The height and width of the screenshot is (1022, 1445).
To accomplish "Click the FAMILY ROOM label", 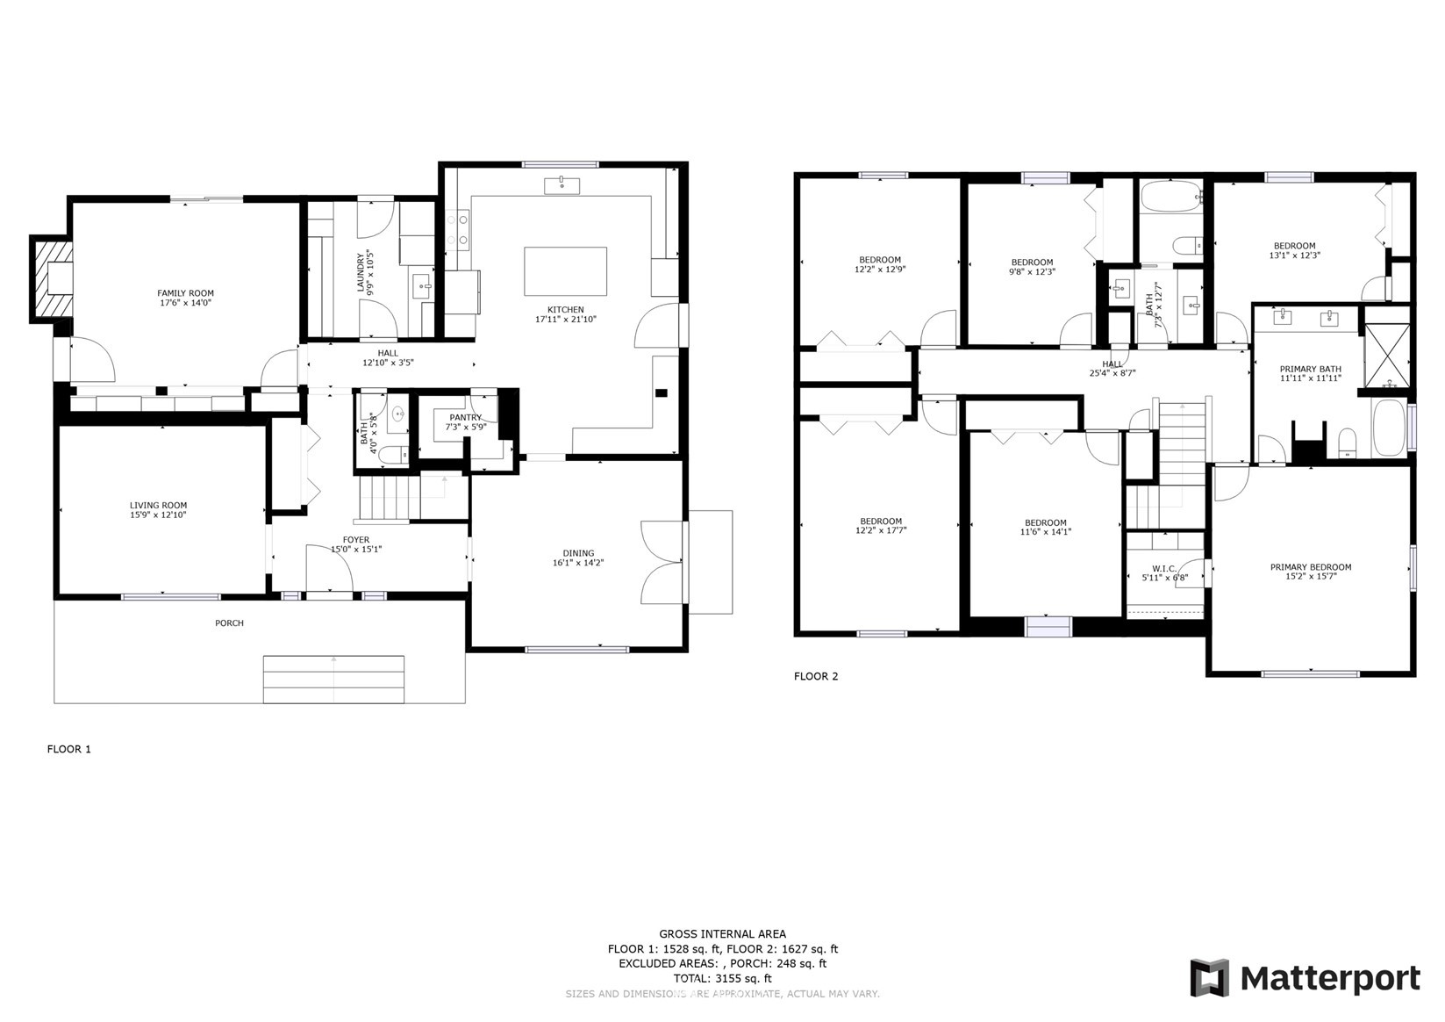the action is (185, 293).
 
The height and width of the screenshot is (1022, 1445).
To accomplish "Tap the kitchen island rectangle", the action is (565, 271).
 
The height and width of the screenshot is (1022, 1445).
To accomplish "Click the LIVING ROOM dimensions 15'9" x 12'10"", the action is (158, 515).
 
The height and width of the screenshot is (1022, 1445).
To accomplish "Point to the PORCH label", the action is (229, 623).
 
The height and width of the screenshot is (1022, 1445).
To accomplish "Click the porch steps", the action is (333, 680).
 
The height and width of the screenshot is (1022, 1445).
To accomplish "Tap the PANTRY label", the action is (465, 418).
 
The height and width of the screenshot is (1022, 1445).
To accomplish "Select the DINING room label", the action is (578, 553).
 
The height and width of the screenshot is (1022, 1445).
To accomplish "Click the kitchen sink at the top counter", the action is (562, 185).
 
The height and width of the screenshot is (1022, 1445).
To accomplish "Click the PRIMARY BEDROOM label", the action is (1311, 567).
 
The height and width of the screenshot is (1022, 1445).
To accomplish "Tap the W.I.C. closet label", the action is (1164, 569).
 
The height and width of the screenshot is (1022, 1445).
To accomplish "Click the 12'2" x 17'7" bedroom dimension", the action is (881, 530).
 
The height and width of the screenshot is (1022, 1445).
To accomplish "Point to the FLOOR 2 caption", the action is (816, 677).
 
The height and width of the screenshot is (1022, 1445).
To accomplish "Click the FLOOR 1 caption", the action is (69, 749).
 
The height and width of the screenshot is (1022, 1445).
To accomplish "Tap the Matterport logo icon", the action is (1210, 977).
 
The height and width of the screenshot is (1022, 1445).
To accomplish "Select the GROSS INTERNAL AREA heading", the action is (723, 933).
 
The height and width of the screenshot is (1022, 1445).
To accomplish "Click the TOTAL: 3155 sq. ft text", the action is (723, 978).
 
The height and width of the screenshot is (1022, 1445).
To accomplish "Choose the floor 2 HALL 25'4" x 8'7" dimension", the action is (1112, 373).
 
